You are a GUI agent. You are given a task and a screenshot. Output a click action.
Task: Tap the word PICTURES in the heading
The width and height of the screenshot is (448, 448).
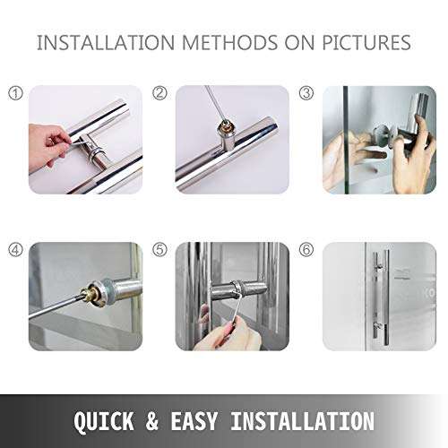(x=366, y=43)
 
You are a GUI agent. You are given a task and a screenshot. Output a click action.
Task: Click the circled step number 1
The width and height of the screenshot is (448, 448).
(x=14, y=93)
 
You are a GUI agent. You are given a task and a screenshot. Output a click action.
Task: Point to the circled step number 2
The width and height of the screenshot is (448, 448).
(x=160, y=93)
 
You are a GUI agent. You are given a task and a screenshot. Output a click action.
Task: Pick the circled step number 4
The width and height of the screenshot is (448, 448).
(x=14, y=250)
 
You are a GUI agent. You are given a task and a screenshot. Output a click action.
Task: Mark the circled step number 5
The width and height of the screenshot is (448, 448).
(x=160, y=250)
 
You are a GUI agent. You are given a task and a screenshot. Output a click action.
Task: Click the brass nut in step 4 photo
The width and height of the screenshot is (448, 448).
(x=92, y=293)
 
